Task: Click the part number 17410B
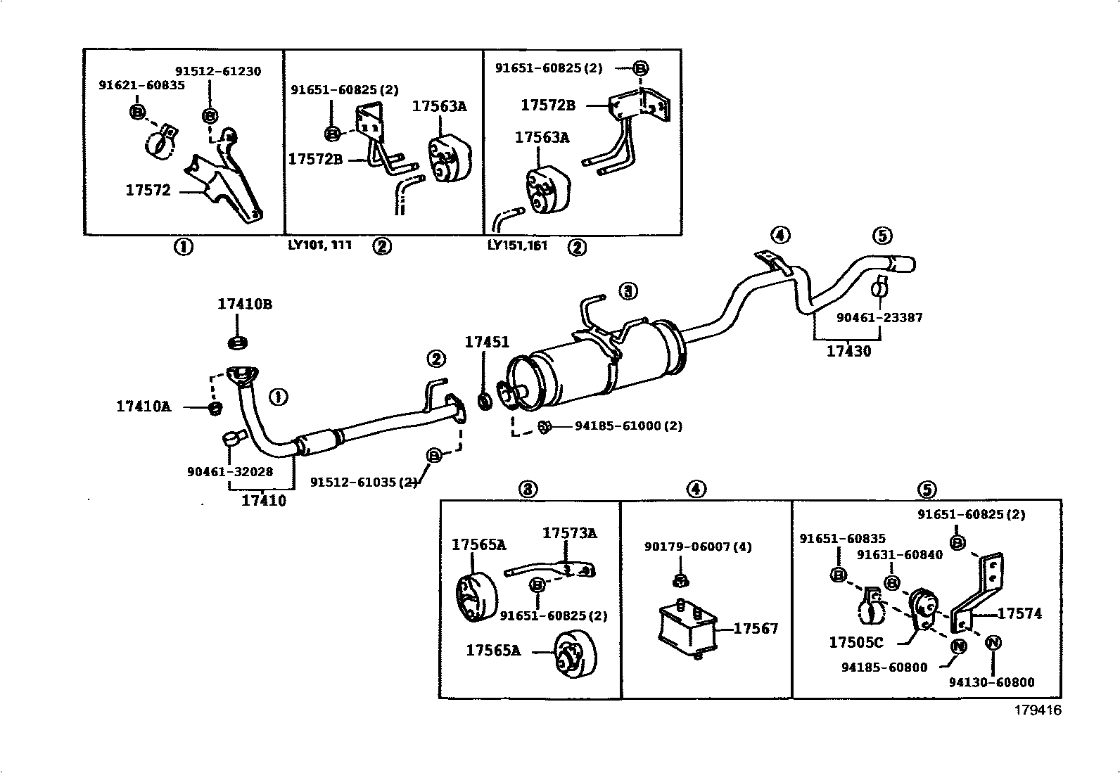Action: (x=244, y=305)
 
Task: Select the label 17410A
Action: (x=143, y=407)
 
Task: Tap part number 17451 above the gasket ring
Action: (x=486, y=343)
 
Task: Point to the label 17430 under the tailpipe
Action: (x=848, y=351)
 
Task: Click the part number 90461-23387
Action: (x=879, y=317)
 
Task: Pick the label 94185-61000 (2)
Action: (x=628, y=426)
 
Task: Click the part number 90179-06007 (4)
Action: (x=698, y=547)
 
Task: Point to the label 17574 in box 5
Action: (x=1019, y=613)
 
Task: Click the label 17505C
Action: (x=855, y=642)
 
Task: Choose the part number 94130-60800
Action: (x=991, y=682)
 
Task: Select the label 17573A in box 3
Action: (x=569, y=533)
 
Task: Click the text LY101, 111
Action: (x=319, y=245)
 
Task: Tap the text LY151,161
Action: (x=517, y=245)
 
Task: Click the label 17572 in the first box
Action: (x=148, y=190)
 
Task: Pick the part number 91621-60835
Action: (x=141, y=85)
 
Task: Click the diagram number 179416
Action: (x=1037, y=710)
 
